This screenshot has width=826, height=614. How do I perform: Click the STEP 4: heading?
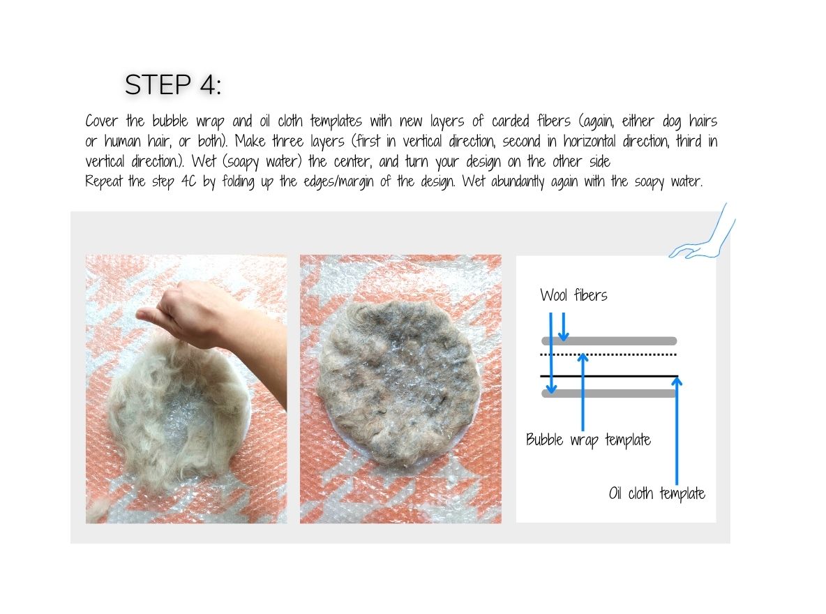coord(173,85)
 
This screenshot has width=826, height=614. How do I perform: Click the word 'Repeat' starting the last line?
coord(105,181)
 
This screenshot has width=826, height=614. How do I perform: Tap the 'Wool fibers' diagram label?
coord(573,295)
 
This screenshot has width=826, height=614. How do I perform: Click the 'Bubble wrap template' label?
coord(588,440)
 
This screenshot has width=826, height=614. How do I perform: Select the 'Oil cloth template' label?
coord(656,494)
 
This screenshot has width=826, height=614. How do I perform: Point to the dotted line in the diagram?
coord(628,355)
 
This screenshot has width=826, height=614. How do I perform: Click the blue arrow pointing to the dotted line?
coord(583,391)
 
